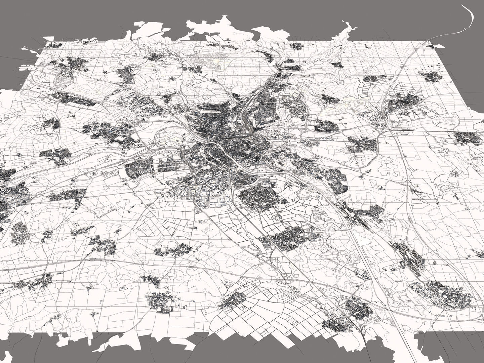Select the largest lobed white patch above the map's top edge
208,29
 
